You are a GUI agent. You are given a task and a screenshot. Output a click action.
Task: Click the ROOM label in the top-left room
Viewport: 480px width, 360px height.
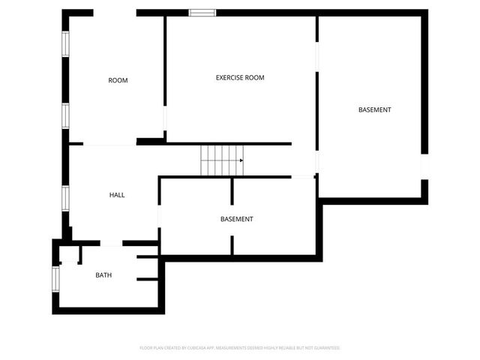coord(118,80)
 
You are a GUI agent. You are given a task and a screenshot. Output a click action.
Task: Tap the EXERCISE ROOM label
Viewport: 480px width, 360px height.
coord(240,77)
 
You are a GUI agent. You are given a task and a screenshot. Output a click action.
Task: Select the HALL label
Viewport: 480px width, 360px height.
coord(117,195)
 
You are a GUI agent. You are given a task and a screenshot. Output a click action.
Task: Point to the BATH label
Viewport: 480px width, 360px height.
coord(103,275)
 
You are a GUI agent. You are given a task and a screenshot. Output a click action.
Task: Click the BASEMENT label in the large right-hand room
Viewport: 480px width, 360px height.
coord(374,110)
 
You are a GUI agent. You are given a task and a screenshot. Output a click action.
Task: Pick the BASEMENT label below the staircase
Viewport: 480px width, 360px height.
coord(236,219)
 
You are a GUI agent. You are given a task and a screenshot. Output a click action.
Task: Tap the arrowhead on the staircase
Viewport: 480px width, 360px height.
coord(241,160)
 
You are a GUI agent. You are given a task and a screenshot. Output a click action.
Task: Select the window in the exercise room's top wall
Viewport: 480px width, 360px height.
coord(202,13)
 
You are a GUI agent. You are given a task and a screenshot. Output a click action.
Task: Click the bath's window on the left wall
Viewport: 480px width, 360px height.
coord(55,277)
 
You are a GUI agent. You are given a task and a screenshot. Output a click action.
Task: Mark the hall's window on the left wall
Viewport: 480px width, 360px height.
coord(65,198)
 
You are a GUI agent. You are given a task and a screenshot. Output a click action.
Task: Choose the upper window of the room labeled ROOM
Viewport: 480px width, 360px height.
coord(65,43)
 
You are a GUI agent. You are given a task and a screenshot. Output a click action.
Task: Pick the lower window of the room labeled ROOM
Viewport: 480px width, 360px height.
coord(65,115)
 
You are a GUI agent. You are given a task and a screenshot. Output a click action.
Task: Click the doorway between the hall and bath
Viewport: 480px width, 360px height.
coord(111,243)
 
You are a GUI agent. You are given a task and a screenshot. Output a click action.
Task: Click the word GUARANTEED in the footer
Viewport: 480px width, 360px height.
coord(326,348)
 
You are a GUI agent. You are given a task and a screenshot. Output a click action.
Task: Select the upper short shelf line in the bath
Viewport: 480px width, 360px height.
coord(147,257)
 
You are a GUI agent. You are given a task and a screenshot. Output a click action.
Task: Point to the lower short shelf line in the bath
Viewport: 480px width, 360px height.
coord(147,279)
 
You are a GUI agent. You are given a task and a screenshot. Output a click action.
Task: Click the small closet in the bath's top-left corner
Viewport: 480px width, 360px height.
coord(69,254)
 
